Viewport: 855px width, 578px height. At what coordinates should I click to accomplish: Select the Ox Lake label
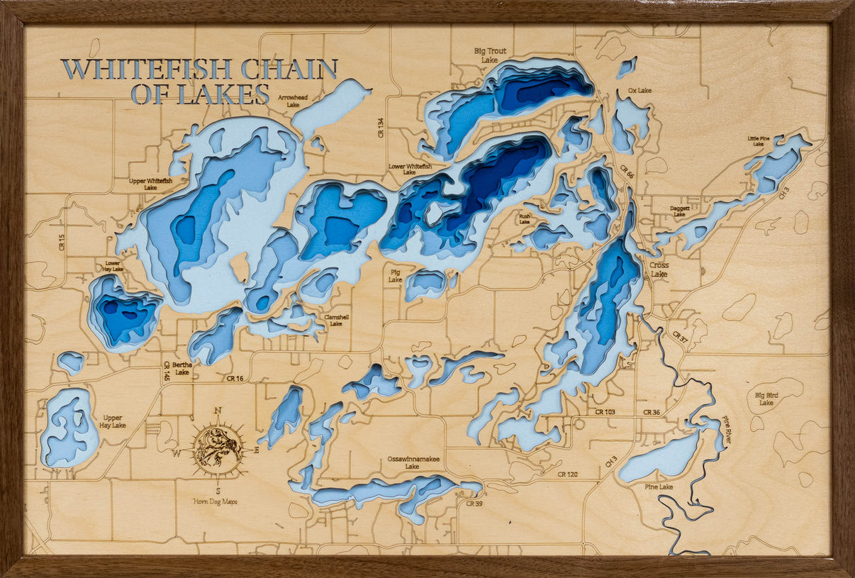pos(639,91)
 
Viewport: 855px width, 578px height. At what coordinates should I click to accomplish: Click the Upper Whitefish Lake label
pos(150,184)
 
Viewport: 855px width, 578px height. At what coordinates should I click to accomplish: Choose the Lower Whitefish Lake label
pos(410,169)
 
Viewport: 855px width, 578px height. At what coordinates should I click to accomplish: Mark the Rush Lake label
pos(524,218)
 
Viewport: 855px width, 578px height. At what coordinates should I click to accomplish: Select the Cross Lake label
pos(659,269)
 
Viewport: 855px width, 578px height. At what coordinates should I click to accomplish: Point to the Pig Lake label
pos(395,275)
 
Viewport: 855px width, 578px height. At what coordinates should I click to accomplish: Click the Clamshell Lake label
pos(336,320)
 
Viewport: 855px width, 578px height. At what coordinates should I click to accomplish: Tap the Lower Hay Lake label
pos(113,266)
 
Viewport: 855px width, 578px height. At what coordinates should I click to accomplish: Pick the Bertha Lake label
pos(182,369)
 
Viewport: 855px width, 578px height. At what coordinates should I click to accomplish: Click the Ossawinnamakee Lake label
pos(413,462)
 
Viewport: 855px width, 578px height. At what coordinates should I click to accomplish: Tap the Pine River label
pos(727,430)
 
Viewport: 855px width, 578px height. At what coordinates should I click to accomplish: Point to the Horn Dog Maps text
pos(216,501)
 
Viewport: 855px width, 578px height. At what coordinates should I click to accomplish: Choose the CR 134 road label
pos(381,128)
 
